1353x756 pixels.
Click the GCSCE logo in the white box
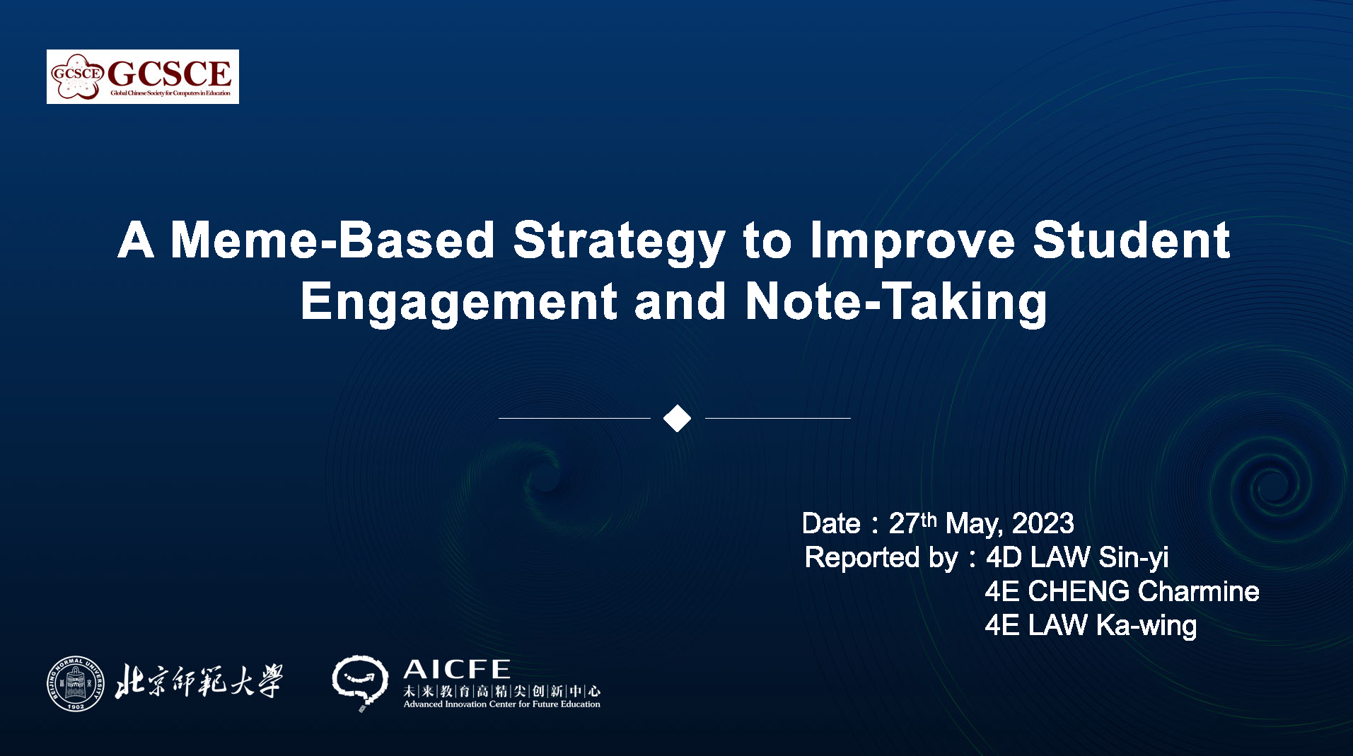coord(142,76)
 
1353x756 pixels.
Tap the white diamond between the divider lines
coord(677,418)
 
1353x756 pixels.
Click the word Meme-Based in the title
coord(332,240)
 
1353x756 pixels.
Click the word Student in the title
coord(1132,240)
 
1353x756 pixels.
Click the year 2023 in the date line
coord(1043,524)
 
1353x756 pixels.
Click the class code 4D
coord(1004,558)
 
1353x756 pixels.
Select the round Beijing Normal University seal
coord(76,683)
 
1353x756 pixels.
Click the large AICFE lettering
coord(457,669)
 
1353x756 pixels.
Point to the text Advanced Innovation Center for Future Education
coord(502,704)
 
